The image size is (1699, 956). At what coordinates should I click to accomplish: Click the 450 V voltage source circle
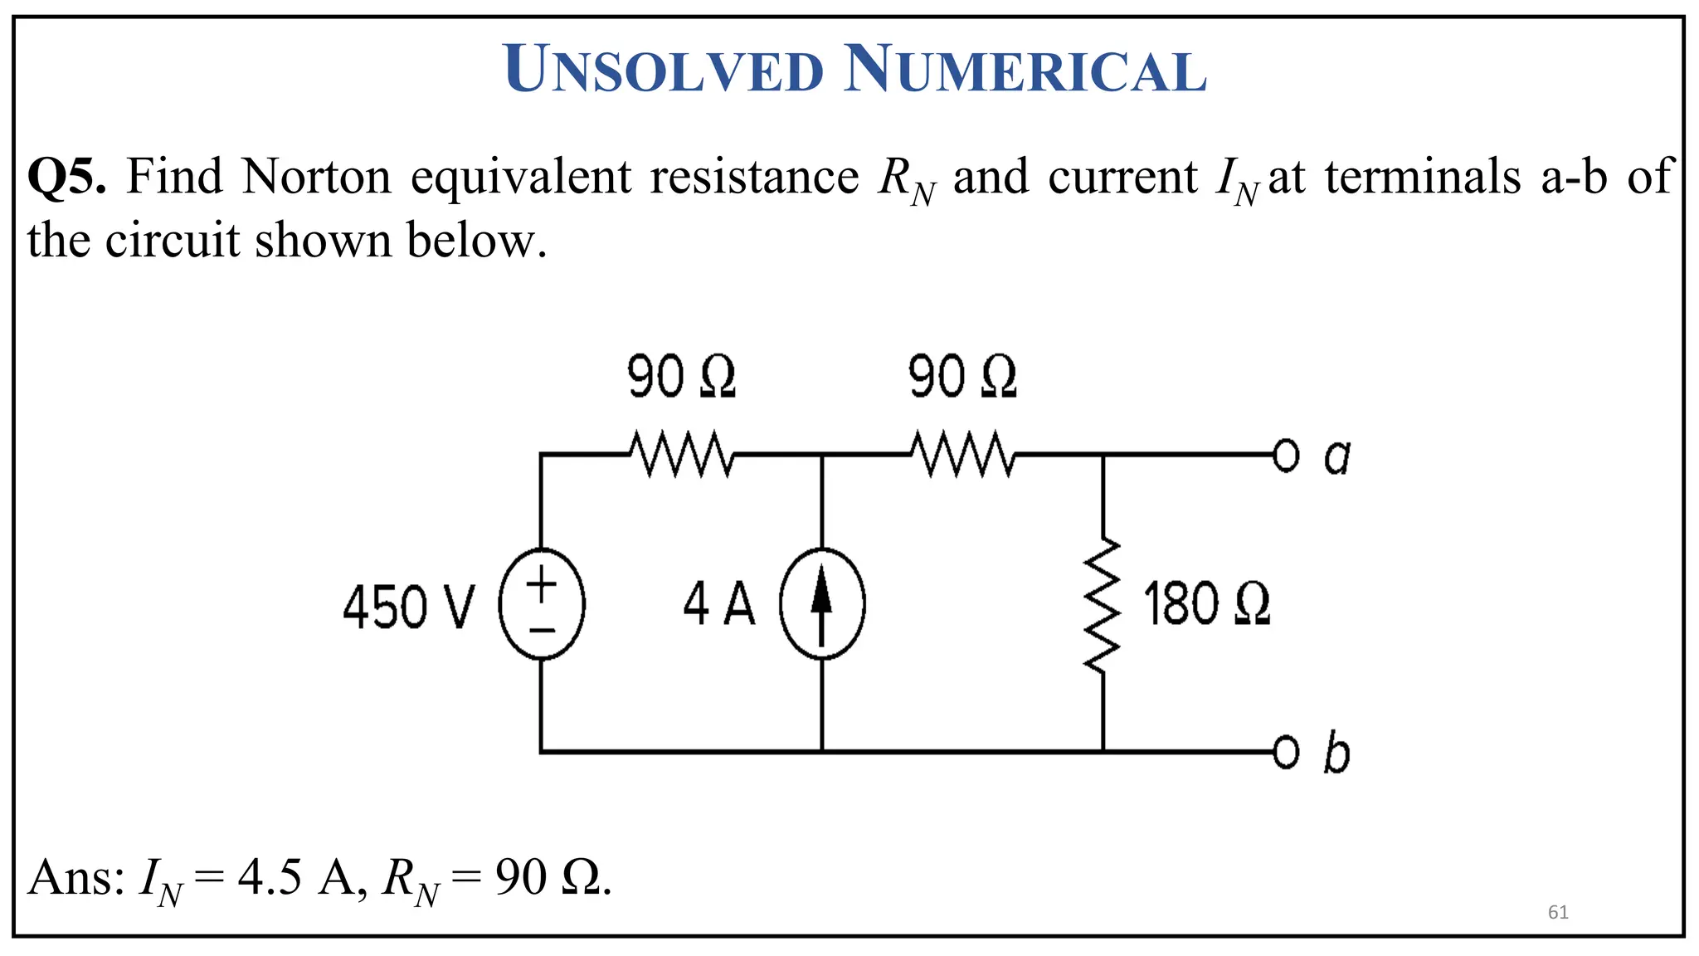(542, 604)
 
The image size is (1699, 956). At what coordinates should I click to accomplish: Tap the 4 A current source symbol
(822, 604)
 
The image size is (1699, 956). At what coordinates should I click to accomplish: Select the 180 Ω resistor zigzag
(1103, 604)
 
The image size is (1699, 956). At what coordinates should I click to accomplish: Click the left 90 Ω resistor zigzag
(681, 454)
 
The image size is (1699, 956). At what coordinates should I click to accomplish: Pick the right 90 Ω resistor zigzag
(962, 454)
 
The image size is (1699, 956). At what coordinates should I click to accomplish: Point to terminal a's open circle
(1285, 455)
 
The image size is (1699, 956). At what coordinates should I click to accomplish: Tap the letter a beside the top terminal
(1336, 456)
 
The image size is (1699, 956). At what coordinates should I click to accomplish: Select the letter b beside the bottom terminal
(1336, 753)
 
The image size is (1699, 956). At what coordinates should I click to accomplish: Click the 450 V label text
(409, 607)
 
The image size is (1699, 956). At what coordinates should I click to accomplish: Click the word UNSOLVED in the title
(664, 70)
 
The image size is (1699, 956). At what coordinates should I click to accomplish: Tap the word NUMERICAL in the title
(1025, 70)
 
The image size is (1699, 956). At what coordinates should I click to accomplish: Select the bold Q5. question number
(66, 176)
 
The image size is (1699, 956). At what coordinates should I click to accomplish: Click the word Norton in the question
(316, 176)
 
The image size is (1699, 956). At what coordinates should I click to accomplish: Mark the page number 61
(1558, 913)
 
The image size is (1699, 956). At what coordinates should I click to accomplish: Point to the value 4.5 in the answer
(270, 877)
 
